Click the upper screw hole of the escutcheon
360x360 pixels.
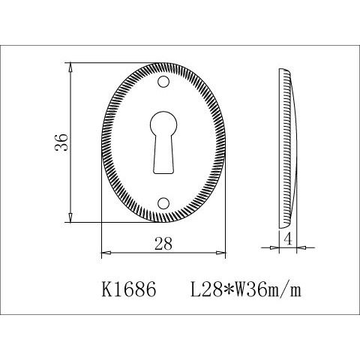163,82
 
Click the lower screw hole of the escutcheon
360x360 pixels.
163,203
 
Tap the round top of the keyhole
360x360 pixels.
163,124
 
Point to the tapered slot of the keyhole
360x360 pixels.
163,155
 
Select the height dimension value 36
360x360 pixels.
61,142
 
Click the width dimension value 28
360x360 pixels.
163,244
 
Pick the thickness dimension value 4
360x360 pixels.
288,240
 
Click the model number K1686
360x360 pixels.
129,289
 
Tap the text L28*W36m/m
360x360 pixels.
246,290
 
